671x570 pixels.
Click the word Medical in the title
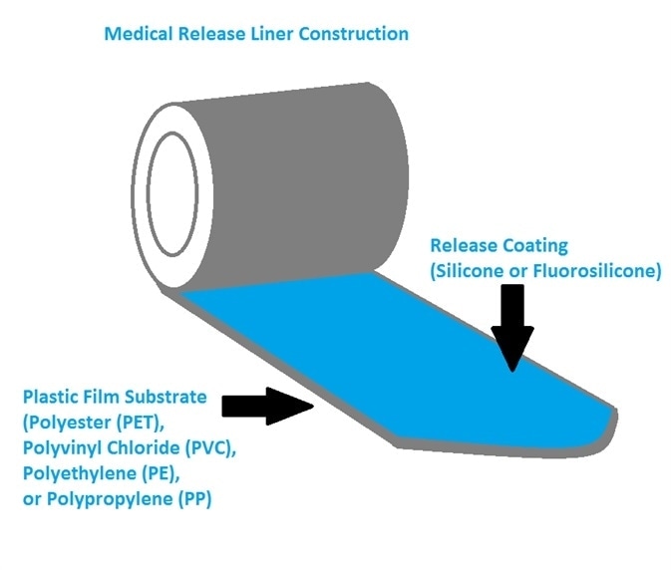click(137, 34)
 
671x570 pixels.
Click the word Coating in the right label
click(533, 245)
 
